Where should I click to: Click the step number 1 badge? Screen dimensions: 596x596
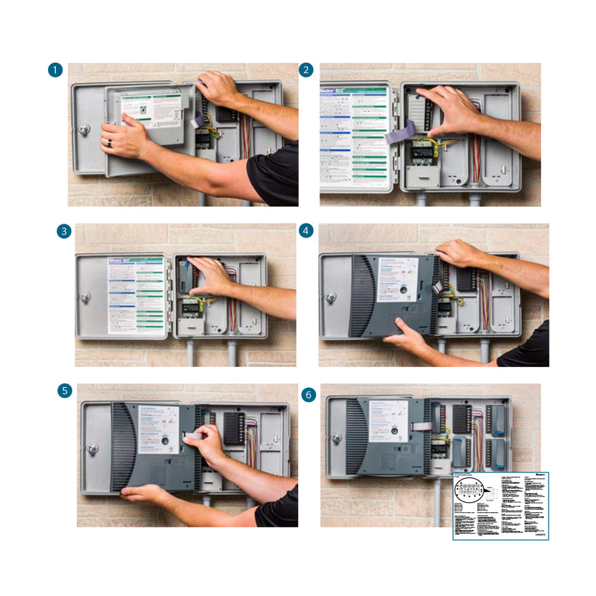point(54,71)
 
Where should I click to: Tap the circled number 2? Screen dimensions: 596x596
point(307,71)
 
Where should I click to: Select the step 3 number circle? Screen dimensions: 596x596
point(63,231)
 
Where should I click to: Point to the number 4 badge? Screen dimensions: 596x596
point(307,231)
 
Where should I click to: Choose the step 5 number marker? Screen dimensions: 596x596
point(64,391)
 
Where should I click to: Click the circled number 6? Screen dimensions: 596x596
point(309,395)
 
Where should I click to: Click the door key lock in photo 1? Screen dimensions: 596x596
point(84,129)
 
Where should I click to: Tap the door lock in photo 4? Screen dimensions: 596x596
point(331,297)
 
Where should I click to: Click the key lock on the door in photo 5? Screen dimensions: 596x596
point(92,448)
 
